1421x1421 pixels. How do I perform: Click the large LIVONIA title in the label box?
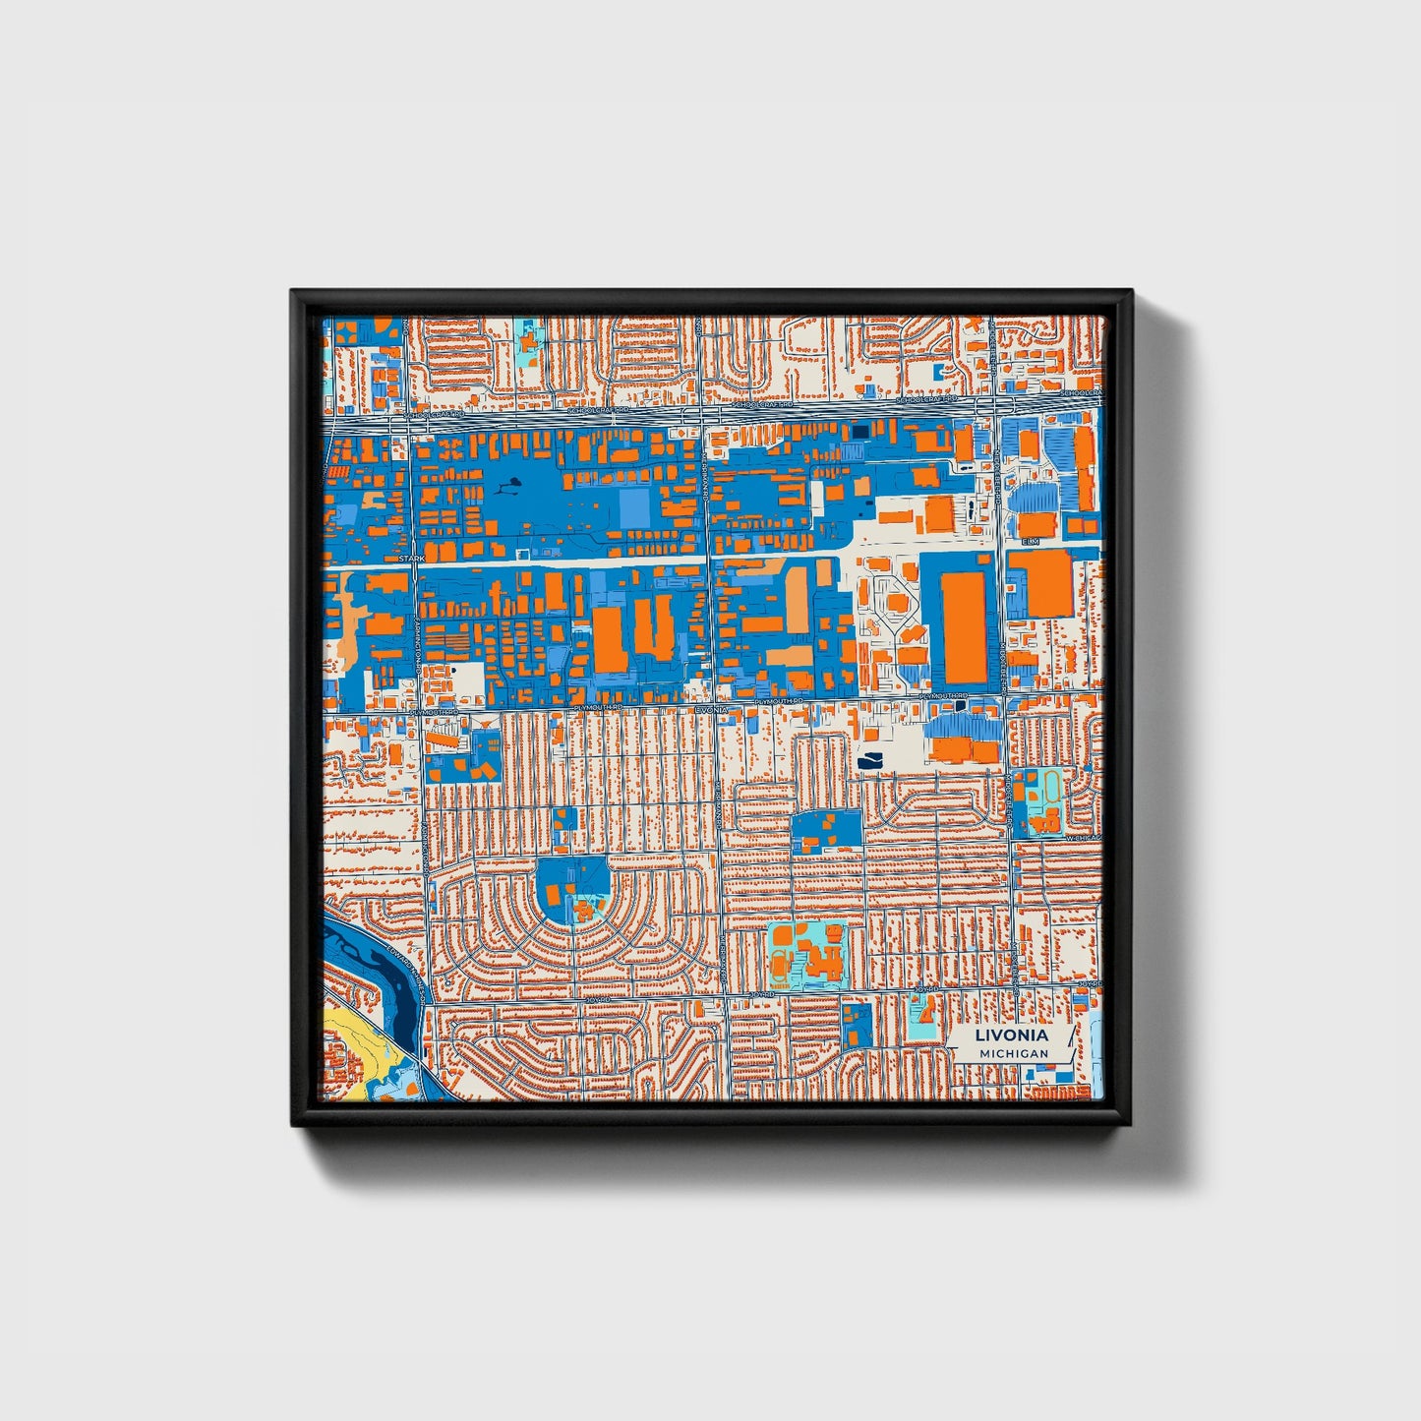[1011, 1036]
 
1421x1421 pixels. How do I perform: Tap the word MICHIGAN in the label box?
[1013, 1054]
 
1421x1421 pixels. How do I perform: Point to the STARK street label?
[411, 559]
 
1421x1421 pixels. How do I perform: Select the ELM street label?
[1030, 542]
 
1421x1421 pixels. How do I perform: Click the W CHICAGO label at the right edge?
[1088, 838]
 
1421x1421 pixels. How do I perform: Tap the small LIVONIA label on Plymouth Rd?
[710, 708]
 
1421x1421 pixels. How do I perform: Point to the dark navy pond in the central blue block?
[512, 484]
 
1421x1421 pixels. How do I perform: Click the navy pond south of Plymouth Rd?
[871, 760]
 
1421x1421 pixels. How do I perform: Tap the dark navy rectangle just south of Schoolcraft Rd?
[860, 431]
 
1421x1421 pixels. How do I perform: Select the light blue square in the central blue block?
[634, 507]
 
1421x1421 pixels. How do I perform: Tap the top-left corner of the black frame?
[293, 292]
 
